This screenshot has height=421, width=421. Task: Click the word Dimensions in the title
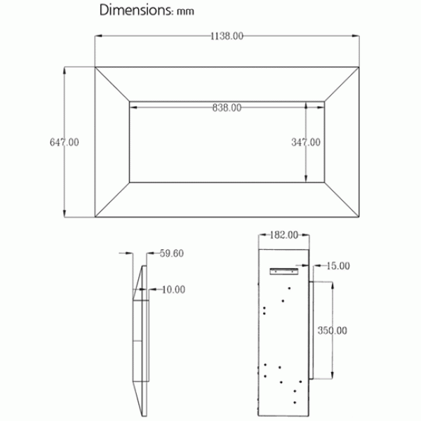point(134,10)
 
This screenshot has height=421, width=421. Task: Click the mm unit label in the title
point(185,11)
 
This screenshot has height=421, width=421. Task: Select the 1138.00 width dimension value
point(227,36)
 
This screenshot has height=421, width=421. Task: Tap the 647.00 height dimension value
point(65,142)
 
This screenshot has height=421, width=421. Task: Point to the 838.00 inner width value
point(227,107)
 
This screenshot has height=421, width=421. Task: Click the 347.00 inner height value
point(306,142)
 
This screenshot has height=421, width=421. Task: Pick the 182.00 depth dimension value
point(284,235)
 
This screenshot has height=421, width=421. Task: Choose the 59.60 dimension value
point(172,253)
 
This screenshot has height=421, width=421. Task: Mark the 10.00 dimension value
point(174,290)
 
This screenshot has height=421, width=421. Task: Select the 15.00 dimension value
point(338,266)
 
